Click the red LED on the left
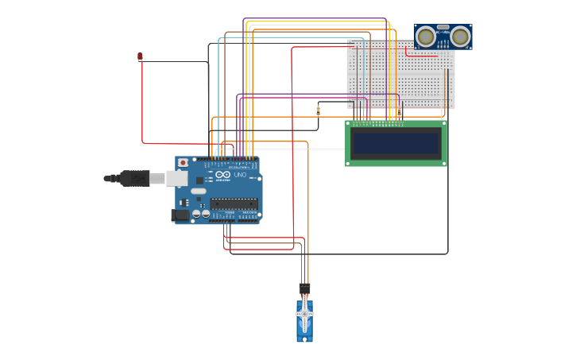click(141, 56)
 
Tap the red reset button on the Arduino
click(183, 162)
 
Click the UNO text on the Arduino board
click(240, 175)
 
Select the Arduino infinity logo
click(223, 175)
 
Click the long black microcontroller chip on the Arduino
click(234, 204)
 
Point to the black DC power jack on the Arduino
click(181, 215)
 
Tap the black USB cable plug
click(135, 179)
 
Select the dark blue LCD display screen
click(396, 144)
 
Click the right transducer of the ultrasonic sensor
click(460, 36)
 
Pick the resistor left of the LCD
click(319, 110)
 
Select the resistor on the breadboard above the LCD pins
click(400, 111)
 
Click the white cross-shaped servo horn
click(304, 315)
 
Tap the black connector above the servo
click(304, 288)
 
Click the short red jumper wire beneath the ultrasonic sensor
click(419, 56)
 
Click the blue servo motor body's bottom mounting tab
click(304, 338)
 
